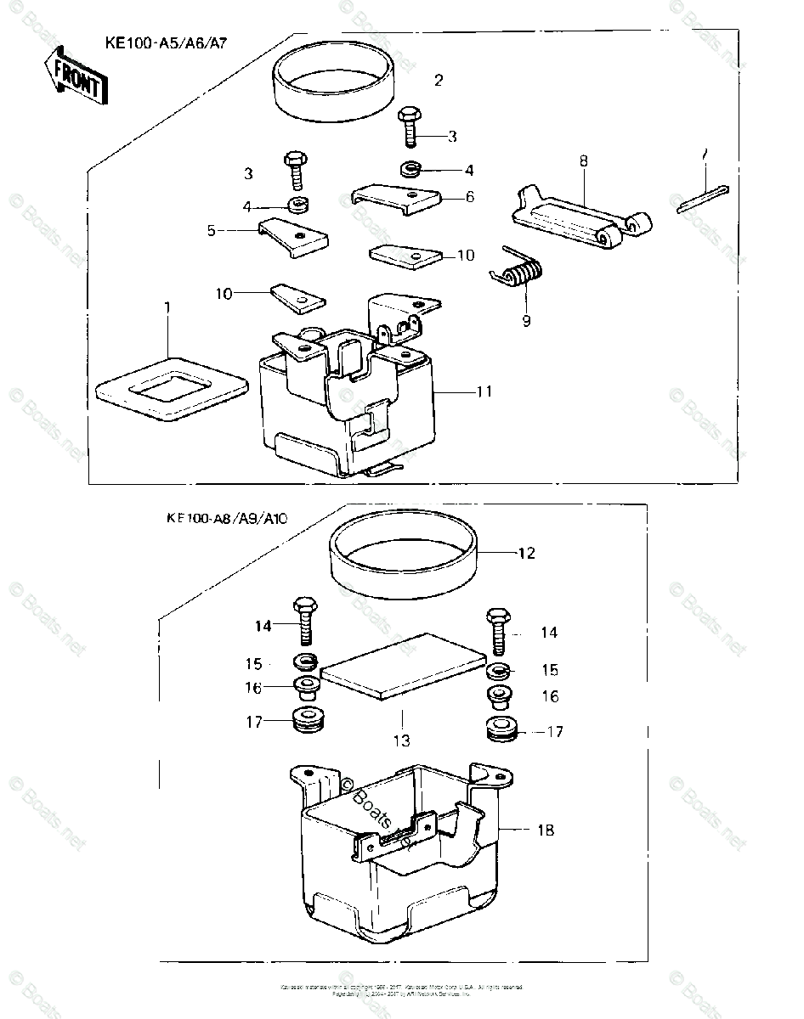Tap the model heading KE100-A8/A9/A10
[x=227, y=520]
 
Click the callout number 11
[x=484, y=391]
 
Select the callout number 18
[x=545, y=830]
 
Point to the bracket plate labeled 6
[x=396, y=199]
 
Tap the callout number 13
[x=401, y=740]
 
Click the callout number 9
[x=526, y=320]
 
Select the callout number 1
[x=167, y=305]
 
